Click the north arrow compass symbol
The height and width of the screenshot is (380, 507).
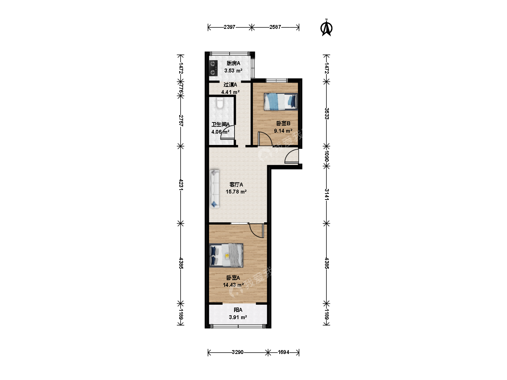326,28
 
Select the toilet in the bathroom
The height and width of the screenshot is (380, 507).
220,103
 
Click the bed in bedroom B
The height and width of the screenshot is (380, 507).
281,102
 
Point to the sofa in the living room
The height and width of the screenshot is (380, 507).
214,189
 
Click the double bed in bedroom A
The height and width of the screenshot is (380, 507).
226,255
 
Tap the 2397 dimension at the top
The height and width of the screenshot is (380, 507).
229,27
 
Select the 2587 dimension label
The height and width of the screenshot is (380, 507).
275,27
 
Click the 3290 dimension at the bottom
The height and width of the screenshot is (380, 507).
238,352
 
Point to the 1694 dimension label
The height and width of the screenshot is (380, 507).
283,352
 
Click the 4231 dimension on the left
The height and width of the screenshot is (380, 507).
181,185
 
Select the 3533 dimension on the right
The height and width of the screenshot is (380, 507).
327,114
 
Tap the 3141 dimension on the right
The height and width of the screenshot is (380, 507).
327,195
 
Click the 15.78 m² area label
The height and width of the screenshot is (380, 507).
236,191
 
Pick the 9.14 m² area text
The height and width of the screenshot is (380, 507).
283,131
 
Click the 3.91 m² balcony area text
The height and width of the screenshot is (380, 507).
238,317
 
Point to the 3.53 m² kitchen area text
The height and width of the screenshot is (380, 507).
233,71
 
